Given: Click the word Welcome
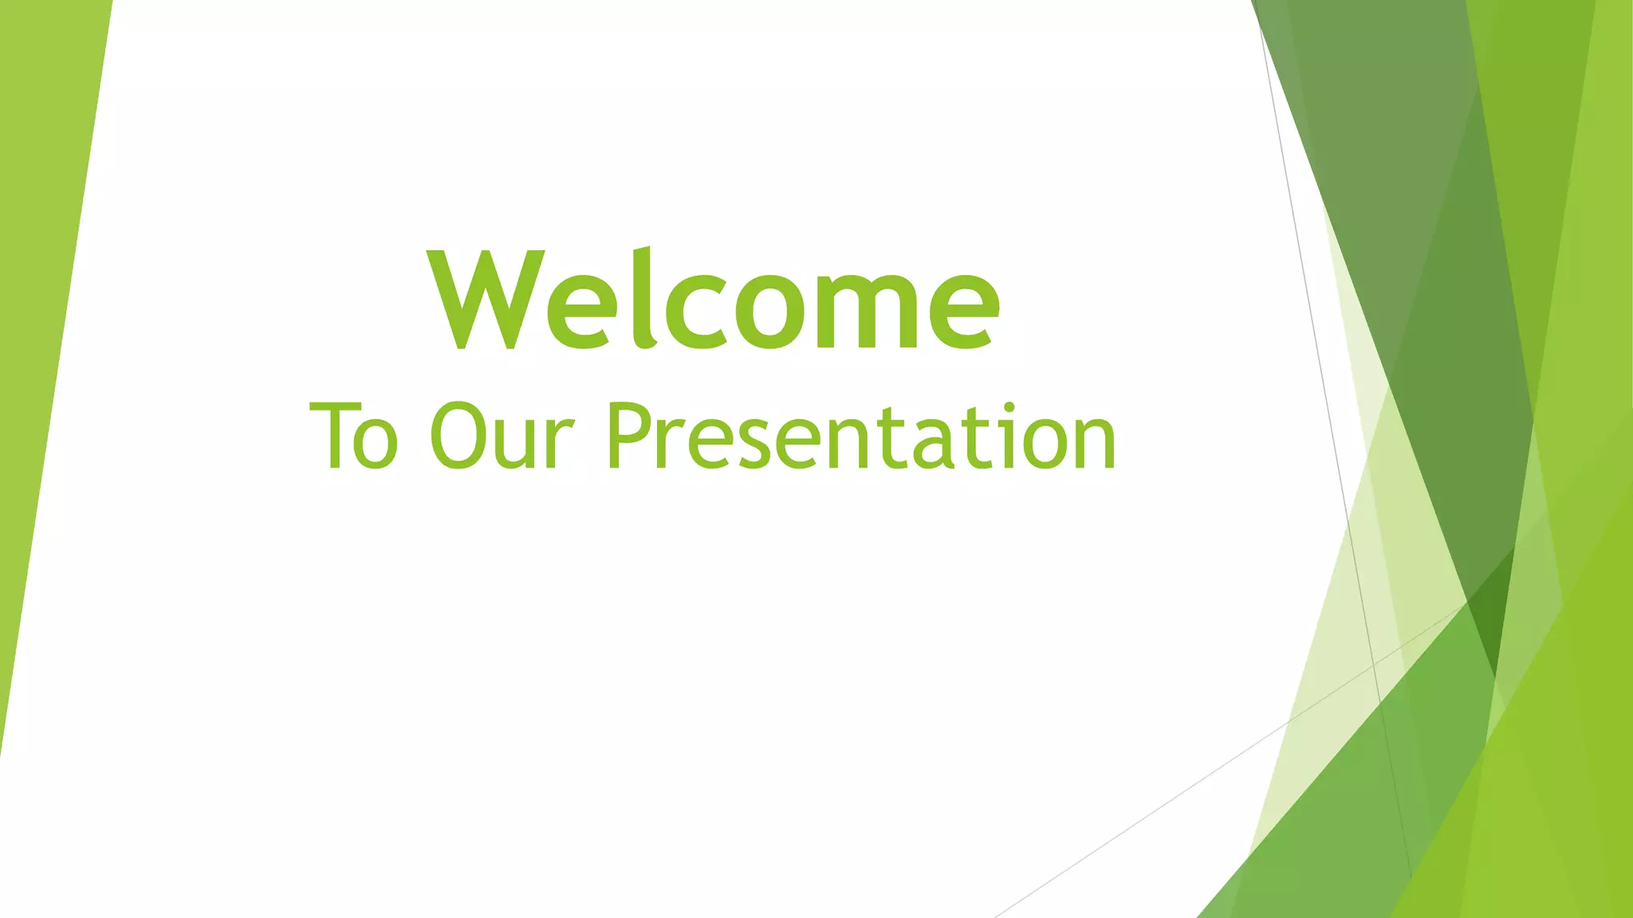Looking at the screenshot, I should tap(714, 301).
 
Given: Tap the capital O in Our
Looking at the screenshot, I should tap(456, 436).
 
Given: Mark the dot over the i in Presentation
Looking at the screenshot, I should tap(1009, 409).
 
